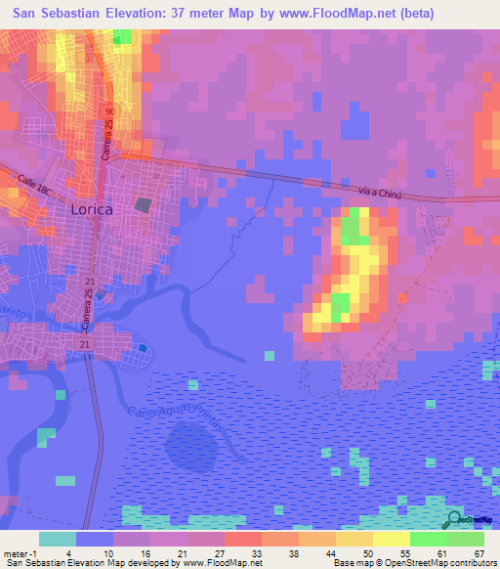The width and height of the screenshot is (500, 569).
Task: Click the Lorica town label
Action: [92, 209]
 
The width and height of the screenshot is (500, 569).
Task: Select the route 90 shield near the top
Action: [110, 114]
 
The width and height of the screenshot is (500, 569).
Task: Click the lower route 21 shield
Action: [84, 346]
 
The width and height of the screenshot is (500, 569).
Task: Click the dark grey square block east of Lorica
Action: [145, 206]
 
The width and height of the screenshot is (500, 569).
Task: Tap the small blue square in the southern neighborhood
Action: [144, 348]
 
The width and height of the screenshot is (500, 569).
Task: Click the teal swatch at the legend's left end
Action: [58, 540]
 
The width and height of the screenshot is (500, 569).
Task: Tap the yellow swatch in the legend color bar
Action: [391, 540]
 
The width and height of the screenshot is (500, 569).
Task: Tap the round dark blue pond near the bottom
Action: [187, 446]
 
